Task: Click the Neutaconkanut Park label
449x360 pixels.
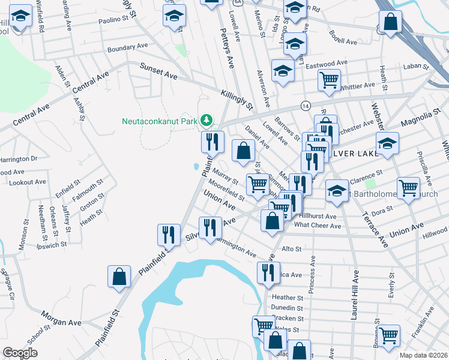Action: tap(160, 121)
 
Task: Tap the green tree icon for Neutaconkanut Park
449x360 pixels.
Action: tap(206, 121)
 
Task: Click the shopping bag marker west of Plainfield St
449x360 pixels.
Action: tap(119, 277)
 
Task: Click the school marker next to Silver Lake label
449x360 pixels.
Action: tap(388, 143)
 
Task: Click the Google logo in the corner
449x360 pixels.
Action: tap(20, 352)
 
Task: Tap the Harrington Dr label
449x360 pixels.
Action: tap(18, 159)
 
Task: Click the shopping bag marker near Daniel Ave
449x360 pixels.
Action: tap(243, 151)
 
